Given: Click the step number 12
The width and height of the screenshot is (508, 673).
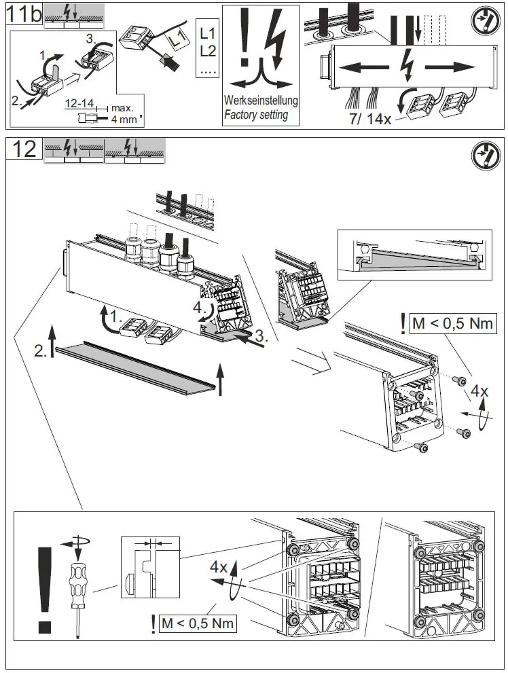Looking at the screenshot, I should coord(24,149).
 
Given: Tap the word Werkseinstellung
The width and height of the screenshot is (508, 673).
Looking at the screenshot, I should coord(261,101).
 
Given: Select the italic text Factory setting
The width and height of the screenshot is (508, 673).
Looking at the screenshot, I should coord(256,115).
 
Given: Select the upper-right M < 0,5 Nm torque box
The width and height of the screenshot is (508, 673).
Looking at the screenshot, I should coord(452,323).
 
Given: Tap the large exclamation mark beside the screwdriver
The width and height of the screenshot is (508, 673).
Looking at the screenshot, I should coord(45,590).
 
